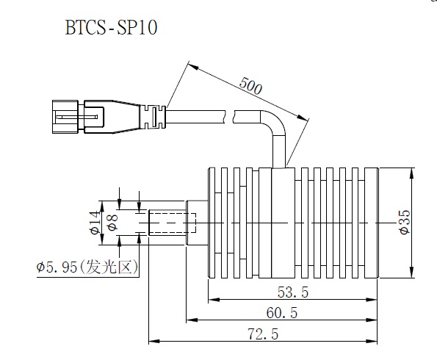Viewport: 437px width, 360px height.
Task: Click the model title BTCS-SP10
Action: (111, 27)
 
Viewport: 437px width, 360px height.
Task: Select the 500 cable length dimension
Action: (250, 86)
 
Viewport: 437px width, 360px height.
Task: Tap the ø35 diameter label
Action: (405, 222)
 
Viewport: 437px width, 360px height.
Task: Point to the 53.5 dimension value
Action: (293, 292)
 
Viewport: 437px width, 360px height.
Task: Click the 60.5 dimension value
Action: (282, 312)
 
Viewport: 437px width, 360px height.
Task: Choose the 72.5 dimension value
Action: (263, 334)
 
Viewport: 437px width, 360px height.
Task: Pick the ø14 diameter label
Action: (95, 223)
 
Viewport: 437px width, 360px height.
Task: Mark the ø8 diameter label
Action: (112, 222)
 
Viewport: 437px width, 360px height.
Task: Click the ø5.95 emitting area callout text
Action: (87, 267)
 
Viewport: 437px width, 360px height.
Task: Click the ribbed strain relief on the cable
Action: (153, 117)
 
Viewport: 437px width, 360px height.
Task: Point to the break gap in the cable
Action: (230, 117)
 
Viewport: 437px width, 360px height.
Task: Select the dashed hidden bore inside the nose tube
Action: (173, 223)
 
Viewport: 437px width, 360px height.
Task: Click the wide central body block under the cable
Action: (283, 223)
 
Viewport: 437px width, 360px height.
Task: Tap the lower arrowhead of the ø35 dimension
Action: (412, 272)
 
